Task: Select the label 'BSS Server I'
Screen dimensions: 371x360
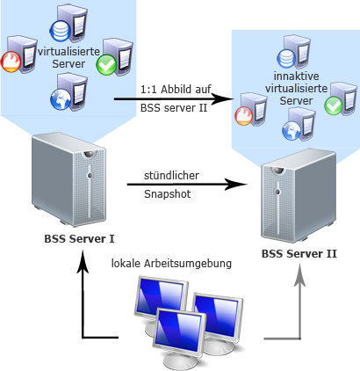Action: click(x=80, y=238)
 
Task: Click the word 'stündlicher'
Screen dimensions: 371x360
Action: click(x=172, y=176)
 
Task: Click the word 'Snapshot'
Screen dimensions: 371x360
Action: click(x=167, y=193)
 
